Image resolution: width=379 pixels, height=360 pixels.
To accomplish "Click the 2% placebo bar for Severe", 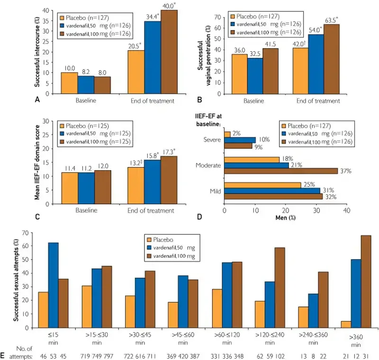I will pos(227,134).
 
